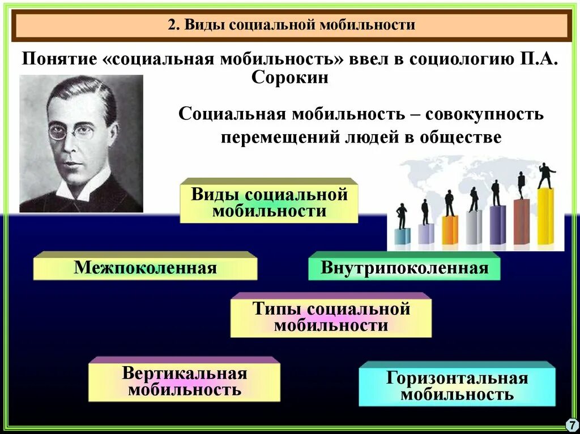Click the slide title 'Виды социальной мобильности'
(292, 25)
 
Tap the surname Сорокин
(289, 78)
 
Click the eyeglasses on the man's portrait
(70, 132)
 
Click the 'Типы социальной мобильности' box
(331, 317)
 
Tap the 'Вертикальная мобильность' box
(184, 382)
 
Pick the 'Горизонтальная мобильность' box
(457, 386)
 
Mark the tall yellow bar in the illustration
(545, 217)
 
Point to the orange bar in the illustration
(450, 230)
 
